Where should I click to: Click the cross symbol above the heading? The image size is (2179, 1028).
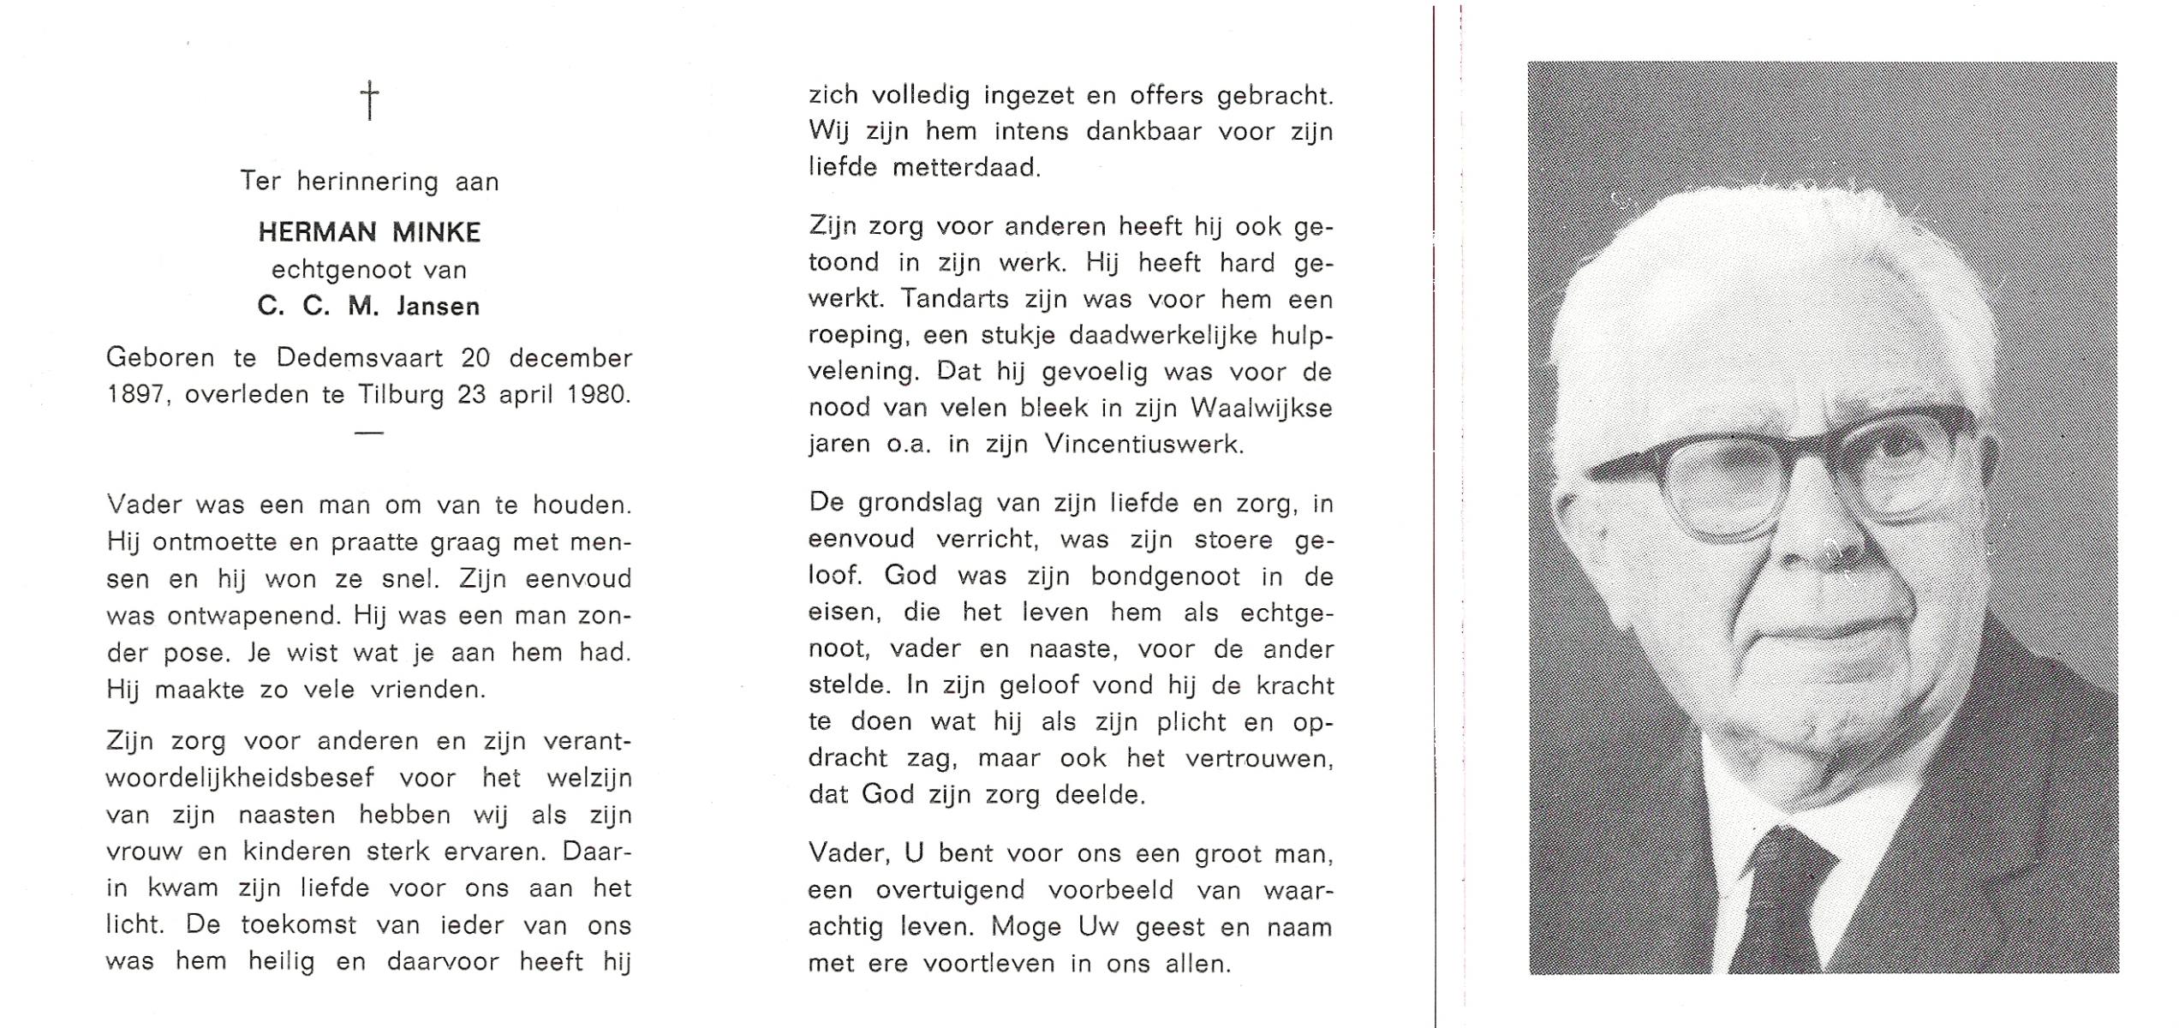coord(369,100)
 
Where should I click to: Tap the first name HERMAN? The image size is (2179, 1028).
coord(317,232)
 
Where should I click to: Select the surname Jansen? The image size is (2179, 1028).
coord(438,306)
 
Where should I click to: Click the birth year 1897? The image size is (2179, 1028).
coord(138,394)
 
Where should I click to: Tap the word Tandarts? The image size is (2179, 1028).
coord(967,299)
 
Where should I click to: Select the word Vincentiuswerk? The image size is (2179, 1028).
coord(1143,445)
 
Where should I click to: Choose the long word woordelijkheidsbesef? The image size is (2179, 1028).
coord(241,778)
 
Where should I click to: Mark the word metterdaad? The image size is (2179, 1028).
coord(966,167)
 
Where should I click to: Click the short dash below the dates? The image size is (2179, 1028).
coord(368,433)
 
